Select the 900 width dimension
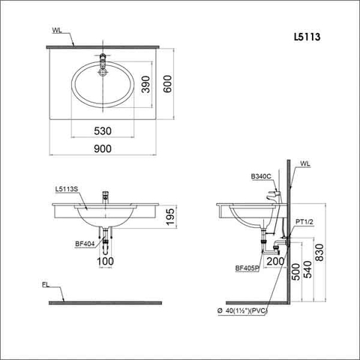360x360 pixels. pos(103,148)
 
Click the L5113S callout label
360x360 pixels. pos(68,190)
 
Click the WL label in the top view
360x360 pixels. pos(58,31)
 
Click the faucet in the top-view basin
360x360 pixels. pos(103,58)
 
